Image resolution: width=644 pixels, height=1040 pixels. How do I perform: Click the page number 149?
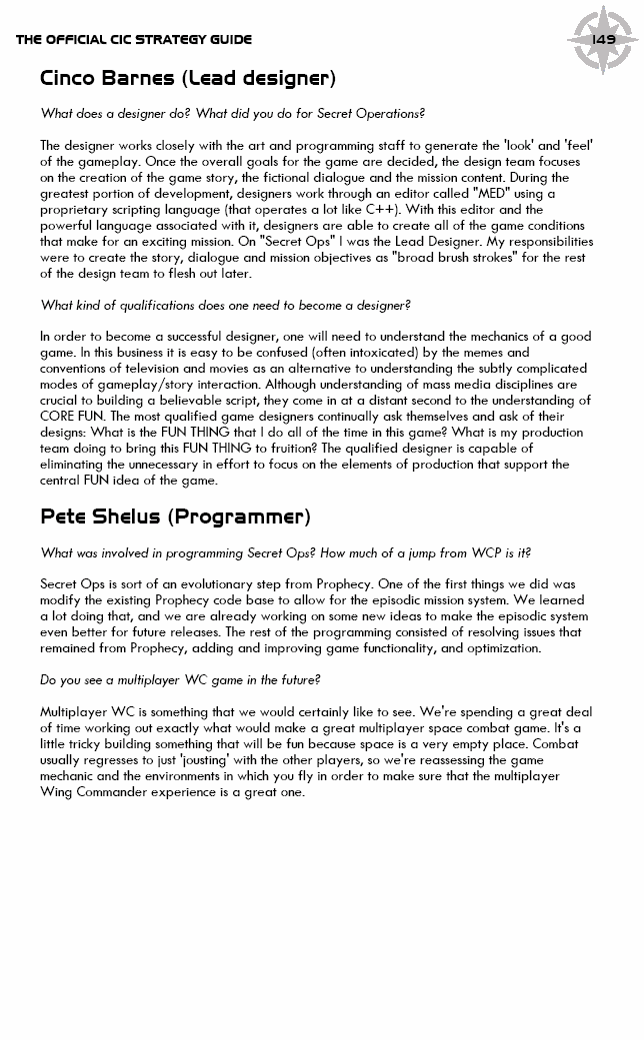603,40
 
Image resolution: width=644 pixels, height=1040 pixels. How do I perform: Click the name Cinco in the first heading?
75,78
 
